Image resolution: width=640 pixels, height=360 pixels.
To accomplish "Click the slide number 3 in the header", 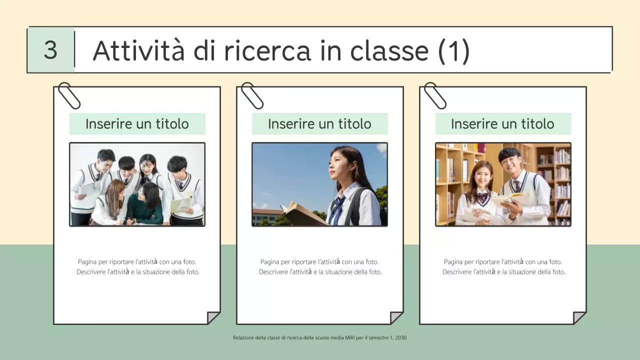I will point(50,50).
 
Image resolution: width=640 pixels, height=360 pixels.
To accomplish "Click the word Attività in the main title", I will point(138,50).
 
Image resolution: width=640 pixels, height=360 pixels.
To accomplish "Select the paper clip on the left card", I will point(69,95).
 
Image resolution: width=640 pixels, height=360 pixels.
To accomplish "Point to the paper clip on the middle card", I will point(252,95).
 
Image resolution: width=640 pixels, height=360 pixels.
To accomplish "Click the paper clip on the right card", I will point(435,95).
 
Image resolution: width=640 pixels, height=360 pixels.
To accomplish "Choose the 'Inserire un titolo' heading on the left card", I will point(137,124).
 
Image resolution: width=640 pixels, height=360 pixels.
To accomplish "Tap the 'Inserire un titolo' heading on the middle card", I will point(319,124).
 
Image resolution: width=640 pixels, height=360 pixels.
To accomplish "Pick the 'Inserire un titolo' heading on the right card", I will point(502,124).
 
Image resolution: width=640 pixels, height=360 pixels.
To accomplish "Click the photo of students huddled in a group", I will point(137,184).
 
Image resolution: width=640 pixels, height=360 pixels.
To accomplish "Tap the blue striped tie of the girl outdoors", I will point(336,210).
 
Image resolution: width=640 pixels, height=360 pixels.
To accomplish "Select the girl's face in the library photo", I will point(482,174).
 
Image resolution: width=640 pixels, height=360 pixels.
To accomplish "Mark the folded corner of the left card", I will point(213,317).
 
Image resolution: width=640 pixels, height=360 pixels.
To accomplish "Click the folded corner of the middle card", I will point(396,317).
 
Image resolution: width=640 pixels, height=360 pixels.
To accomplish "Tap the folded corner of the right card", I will point(579,317).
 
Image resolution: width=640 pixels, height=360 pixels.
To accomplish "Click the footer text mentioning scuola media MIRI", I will point(319,338).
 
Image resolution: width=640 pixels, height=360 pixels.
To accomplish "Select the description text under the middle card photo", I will point(320,267).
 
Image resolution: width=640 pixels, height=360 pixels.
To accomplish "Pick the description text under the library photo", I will point(503,267).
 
